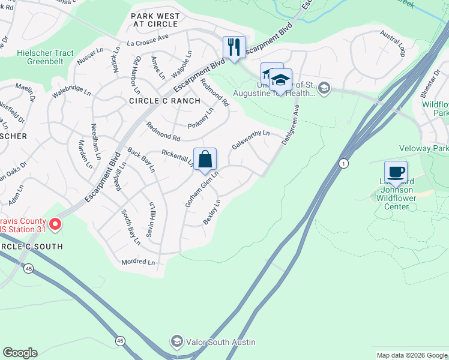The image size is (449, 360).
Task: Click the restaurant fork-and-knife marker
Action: pyautogui.click(x=233, y=47)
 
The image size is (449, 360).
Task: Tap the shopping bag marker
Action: pyautogui.click(x=205, y=160)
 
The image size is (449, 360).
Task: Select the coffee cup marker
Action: pyautogui.click(x=396, y=173)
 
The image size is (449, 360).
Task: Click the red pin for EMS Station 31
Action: pyautogui.click(x=55, y=224)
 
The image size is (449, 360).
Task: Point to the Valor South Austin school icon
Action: pyautogui.click(x=176, y=342)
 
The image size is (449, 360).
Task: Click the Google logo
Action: pyautogui.click(x=20, y=353)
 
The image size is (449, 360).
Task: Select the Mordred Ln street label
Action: pyautogui.click(x=137, y=262)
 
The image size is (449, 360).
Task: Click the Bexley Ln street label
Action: pyautogui.click(x=212, y=212)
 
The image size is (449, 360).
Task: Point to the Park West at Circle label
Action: pyautogui.click(x=154, y=19)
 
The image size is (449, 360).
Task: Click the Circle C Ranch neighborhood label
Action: pyautogui.click(x=164, y=101)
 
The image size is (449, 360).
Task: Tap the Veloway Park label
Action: pyautogui.click(x=424, y=149)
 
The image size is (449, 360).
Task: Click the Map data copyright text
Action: pyautogui.click(x=411, y=355)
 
